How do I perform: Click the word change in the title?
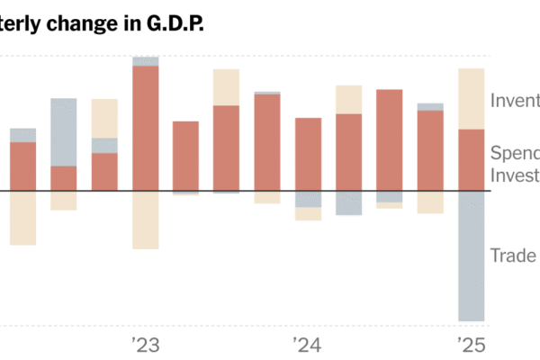tap(92, 24)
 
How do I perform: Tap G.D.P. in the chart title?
tap(171, 24)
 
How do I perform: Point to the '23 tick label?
tap(145, 345)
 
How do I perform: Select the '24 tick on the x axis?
tap(308, 345)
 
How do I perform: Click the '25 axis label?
tap(471, 345)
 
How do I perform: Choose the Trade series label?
tap(514, 256)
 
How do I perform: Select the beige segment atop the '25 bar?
tap(472, 99)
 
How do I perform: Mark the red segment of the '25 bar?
tap(472, 160)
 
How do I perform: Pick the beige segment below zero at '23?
tap(146, 220)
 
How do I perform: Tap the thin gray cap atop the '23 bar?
tap(146, 61)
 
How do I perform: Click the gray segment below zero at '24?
tap(309, 199)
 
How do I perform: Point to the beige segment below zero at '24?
tap(309, 214)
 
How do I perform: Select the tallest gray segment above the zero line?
tap(64, 132)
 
